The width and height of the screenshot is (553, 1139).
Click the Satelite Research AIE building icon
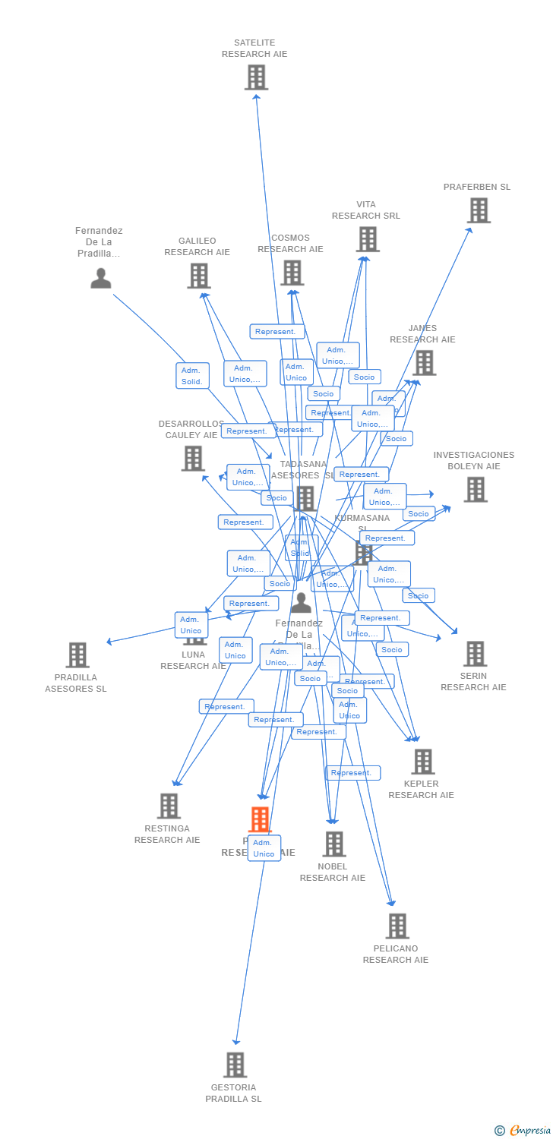pyautogui.click(x=257, y=77)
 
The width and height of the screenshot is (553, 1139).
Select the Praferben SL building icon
pyautogui.click(x=479, y=210)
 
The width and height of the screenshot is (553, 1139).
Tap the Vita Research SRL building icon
pyautogui.click(x=368, y=239)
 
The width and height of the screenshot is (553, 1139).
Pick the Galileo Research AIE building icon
pyautogui.click(x=199, y=276)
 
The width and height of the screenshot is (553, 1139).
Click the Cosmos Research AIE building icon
pyautogui.click(x=292, y=273)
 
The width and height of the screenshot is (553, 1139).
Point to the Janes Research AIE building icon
pyautogui.click(x=425, y=362)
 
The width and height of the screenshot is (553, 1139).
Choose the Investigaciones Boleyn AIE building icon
pyautogui.click(x=476, y=490)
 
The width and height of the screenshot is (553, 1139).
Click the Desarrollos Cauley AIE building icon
pyautogui.click(x=193, y=458)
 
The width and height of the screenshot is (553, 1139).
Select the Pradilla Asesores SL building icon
pyautogui.click(x=77, y=655)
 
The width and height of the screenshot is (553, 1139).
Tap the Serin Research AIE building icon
pyautogui.click(x=475, y=654)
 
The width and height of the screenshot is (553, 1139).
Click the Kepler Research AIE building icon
pyautogui.click(x=422, y=762)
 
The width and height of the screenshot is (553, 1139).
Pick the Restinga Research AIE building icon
pyautogui.click(x=169, y=806)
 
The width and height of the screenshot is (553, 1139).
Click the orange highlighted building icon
pyautogui.click(x=261, y=819)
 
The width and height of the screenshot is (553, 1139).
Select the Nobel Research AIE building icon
pyautogui.click(x=334, y=844)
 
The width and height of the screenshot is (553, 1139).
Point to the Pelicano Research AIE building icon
pyautogui.click(x=397, y=926)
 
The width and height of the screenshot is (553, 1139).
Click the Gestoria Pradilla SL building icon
pyautogui.click(x=235, y=1065)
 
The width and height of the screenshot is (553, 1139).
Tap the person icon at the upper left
pyautogui.click(x=101, y=278)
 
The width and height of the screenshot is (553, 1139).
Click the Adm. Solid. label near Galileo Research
pyautogui.click(x=192, y=376)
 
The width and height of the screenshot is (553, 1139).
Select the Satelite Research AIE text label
pyautogui.click(x=254, y=49)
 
